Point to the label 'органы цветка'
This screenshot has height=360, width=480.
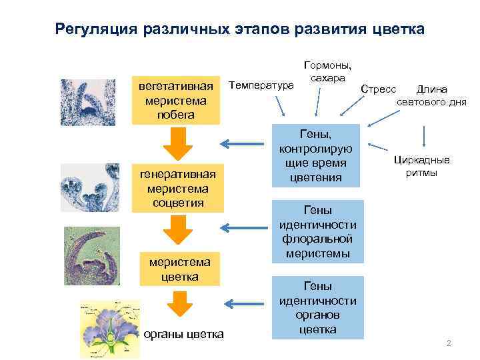point(184,334)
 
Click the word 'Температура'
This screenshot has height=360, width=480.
point(261,85)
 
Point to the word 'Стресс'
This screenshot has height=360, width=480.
point(378,89)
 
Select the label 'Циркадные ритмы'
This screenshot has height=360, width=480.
point(421,166)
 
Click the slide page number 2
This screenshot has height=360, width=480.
point(449,343)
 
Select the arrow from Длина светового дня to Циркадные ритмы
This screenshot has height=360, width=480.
point(424,136)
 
